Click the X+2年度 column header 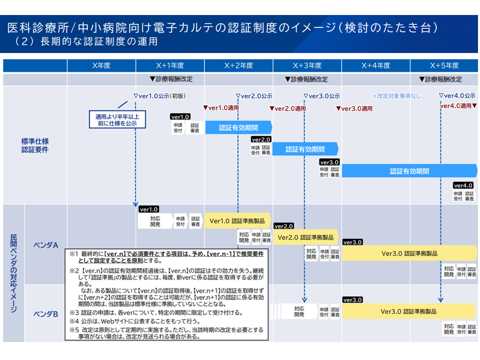tap(238, 65)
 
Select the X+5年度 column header tap(444, 65)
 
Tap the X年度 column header tap(101, 65)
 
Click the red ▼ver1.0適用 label tap(220, 107)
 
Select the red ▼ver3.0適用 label tap(354, 108)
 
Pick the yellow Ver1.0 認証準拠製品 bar tap(237, 220)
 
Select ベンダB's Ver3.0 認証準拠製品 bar tap(409, 311)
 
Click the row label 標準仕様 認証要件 tap(35, 145)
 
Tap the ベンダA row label tap(46, 245)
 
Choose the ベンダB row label tap(46, 314)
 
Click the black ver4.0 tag tap(463, 185)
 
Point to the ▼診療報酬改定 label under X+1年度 tap(171, 79)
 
